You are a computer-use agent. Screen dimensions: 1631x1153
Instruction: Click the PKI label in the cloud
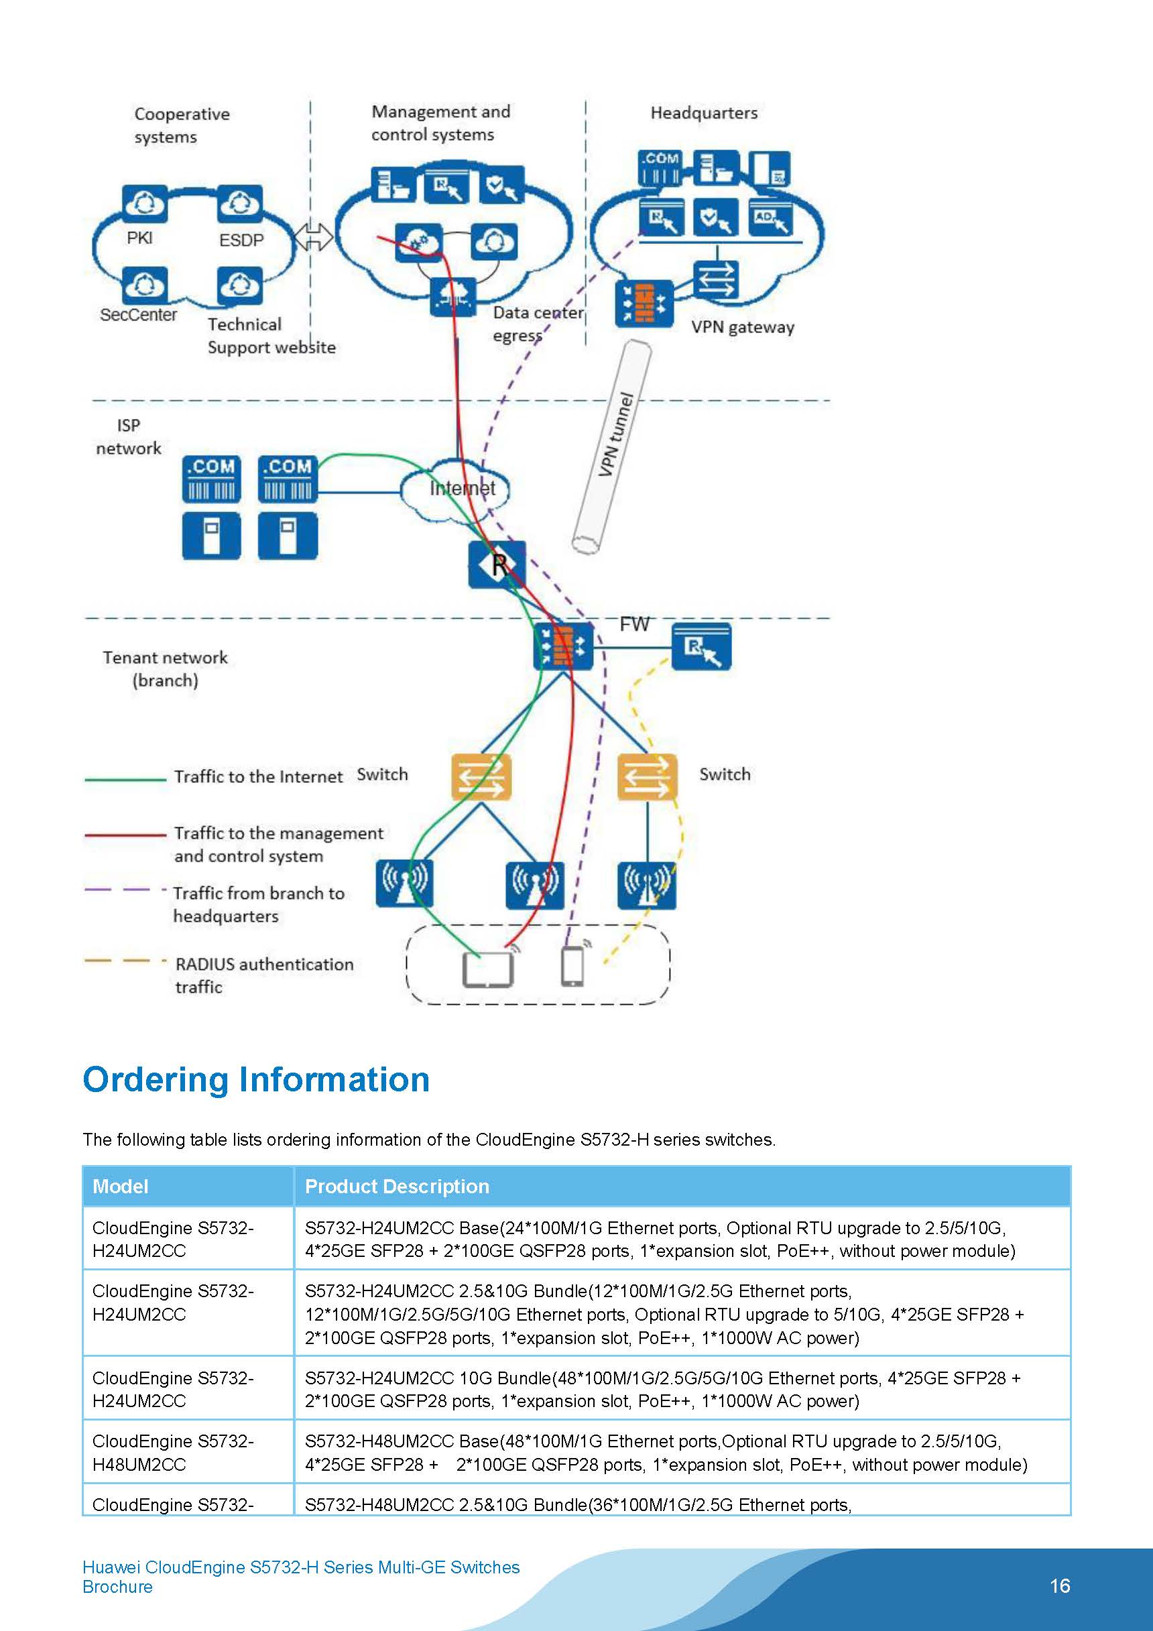pos(139,238)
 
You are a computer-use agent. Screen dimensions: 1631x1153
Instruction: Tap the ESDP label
pos(241,240)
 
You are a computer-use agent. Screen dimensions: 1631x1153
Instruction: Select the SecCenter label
pos(139,314)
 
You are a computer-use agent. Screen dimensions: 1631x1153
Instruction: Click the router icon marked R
pos(497,564)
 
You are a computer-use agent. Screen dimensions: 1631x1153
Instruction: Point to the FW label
pos(633,623)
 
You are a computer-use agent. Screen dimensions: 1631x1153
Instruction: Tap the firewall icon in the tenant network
pos(563,646)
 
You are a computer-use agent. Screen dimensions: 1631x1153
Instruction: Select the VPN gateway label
pos(742,328)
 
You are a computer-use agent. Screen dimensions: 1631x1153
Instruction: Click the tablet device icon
pos(487,969)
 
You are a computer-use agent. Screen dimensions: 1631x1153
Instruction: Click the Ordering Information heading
pos(256,1079)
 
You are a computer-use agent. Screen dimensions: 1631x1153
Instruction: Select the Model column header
pos(121,1187)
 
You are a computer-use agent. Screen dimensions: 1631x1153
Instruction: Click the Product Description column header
pos(396,1187)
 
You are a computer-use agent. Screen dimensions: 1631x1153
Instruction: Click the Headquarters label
pos(703,113)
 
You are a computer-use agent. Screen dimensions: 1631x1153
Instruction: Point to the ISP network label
pos(129,436)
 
